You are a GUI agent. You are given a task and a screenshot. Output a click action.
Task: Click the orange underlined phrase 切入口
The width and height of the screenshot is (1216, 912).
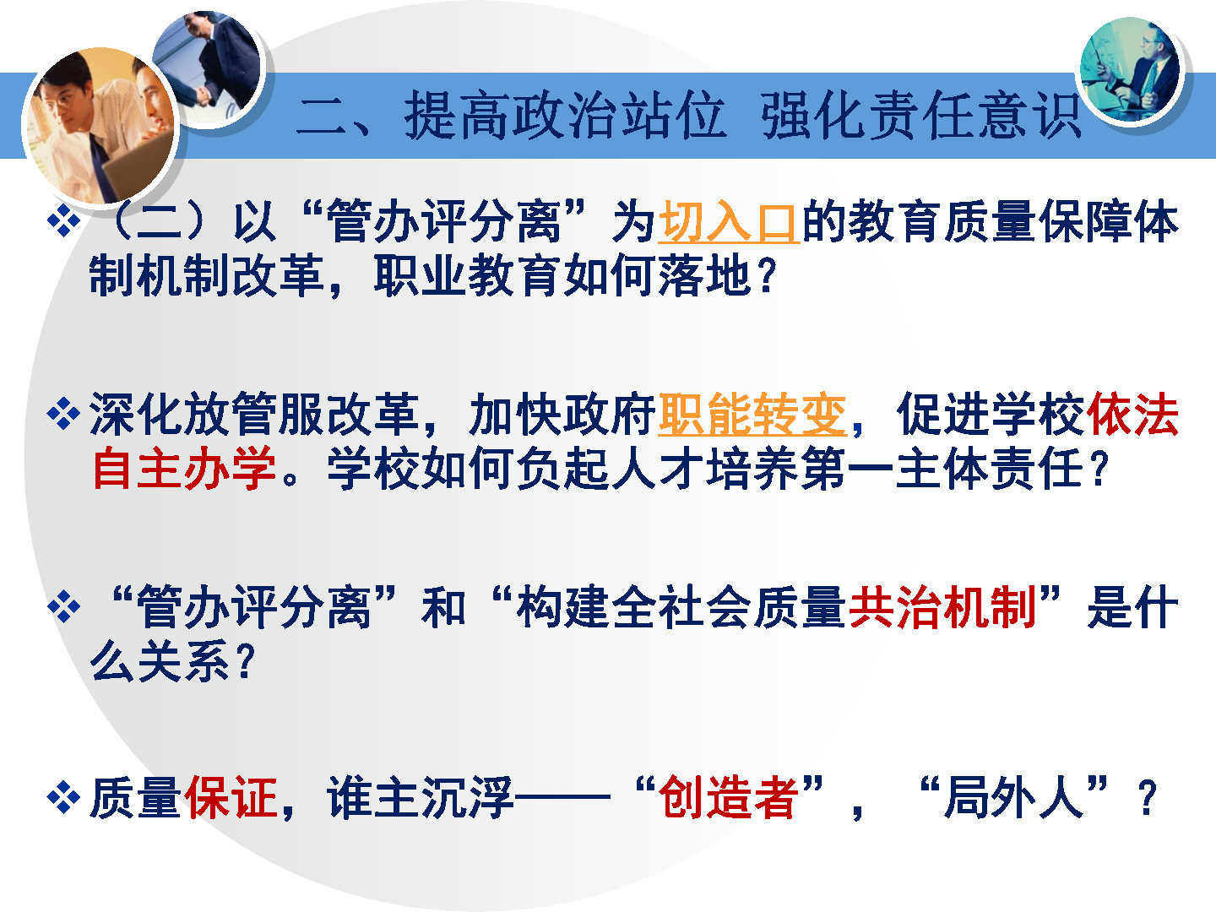729,221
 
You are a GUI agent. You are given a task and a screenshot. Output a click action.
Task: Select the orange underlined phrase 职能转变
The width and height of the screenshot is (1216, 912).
752,414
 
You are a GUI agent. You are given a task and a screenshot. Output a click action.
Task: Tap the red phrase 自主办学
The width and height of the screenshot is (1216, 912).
184,468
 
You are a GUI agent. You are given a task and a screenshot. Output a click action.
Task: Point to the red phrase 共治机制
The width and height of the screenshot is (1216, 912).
942,607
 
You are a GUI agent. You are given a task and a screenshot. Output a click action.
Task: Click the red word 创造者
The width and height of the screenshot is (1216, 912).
728,797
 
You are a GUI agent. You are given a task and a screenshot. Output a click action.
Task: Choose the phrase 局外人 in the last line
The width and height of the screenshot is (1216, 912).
1013,797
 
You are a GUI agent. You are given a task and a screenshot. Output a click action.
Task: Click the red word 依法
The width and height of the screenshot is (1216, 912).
1132,414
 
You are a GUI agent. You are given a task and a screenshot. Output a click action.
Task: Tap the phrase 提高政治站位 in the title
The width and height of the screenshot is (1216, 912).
565,115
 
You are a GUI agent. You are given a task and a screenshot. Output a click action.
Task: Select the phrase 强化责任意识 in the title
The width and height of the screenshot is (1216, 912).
920,115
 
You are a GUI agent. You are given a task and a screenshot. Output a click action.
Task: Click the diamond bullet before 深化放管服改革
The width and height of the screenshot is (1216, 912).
63,414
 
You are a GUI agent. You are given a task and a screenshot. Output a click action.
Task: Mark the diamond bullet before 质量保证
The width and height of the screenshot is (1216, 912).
63,797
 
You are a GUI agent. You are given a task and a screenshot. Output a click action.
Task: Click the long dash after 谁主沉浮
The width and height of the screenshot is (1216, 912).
562,798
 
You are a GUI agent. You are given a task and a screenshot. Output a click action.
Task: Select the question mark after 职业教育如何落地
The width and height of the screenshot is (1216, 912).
768,276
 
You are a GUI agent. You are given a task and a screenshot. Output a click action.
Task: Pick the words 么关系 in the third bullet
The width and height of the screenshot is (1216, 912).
160,660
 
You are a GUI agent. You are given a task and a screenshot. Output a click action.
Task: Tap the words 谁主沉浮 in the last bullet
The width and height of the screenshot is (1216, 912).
421,797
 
